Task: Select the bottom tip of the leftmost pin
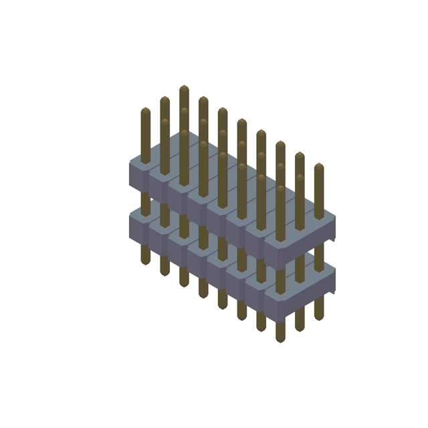point(145,263)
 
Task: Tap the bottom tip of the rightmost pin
point(319,318)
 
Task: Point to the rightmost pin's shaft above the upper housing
point(319,191)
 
